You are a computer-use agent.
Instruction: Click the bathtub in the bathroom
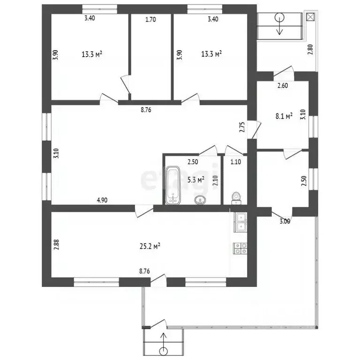click(173, 185)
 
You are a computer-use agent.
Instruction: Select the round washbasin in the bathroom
click(201, 200)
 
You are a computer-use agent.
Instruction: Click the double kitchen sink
click(240, 222)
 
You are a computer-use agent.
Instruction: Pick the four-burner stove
click(240, 248)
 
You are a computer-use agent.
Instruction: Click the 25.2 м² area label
click(150, 247)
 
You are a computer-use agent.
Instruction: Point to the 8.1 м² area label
click(284, 116)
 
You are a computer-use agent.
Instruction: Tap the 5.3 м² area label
click(196, 180)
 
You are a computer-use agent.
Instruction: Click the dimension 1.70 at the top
click(150, 20)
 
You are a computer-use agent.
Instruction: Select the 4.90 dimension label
click(102, 200)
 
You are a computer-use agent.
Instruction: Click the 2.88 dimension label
click(56, 245)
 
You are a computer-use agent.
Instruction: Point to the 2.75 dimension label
click(242, 127)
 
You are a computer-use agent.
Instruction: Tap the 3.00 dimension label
click(285, 221)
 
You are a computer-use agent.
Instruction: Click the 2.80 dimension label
click(310, 49)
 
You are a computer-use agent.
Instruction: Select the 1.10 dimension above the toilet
click(236, 162)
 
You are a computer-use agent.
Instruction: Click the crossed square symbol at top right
click(310, 17)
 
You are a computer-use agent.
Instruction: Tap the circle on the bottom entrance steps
click(164, 351)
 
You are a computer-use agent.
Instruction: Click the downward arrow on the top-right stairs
click(279, 26)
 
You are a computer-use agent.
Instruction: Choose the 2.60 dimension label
click(283, 86)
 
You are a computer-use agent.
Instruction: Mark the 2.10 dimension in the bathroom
click(215, 180)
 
